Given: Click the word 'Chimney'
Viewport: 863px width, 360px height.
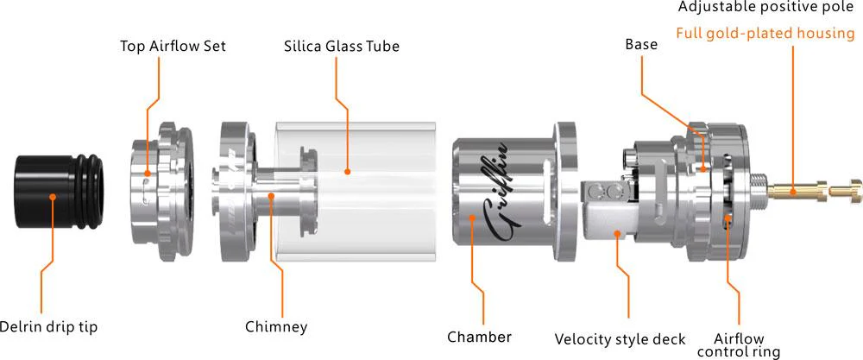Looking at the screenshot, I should [276, 327].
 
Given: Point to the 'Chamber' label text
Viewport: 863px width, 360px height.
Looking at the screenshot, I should [479, 336].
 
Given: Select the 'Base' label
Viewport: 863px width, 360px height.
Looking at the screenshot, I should [641, 44].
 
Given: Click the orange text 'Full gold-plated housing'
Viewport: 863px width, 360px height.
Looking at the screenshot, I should [765, 35].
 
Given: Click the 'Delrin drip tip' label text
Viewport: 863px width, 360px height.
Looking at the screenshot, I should [49, 326].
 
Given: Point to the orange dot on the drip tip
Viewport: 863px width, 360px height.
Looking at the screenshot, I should [54, 197].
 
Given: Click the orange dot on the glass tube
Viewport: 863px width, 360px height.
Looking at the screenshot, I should [347, 171].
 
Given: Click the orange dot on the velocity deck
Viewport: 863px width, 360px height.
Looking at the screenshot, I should [618, 231].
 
